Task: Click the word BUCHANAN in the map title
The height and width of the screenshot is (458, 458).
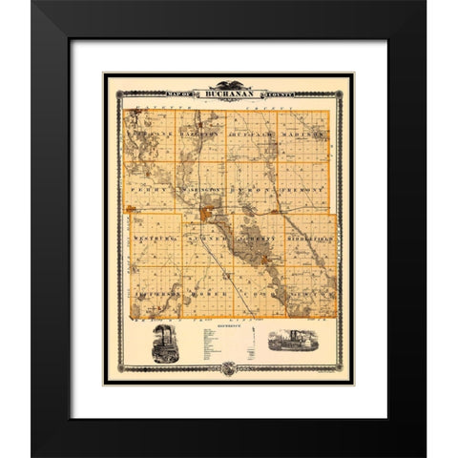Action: click(228, 93)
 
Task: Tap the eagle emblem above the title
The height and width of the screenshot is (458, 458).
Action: click(228, 83)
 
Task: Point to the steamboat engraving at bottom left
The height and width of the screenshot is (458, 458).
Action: click(168, 344)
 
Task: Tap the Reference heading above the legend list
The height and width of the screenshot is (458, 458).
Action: click(223, 325)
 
